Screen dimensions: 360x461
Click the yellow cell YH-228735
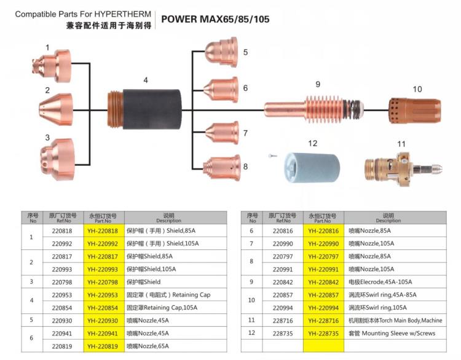[323, 333]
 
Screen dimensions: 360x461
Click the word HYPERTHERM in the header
[113, 13]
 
